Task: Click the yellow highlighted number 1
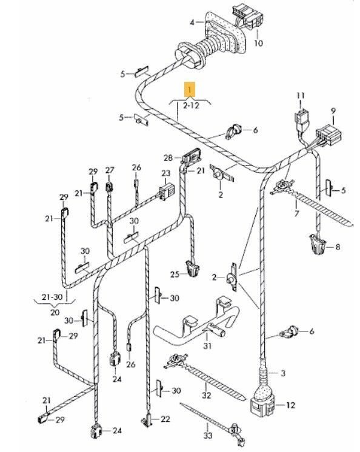coord(190,89)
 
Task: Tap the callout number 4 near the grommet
coord(192,22)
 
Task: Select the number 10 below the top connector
coord(258,43)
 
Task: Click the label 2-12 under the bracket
coord(191,105)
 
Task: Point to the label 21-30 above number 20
coord(52,297)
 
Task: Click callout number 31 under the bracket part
coord(207,345)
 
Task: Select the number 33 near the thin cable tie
coord(208,435)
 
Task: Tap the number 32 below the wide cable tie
coord(207,395)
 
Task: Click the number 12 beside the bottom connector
coord(290,405)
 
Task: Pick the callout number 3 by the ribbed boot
coord(283,373)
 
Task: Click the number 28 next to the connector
coord(168,158)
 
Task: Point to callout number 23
coord(165,173)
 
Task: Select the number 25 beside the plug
coord(175,274)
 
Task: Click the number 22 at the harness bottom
coord(165,419)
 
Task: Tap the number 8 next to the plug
coord(338,247)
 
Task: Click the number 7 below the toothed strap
coord(296,214)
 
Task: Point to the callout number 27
coord(110,170)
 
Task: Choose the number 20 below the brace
coord(55,312)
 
